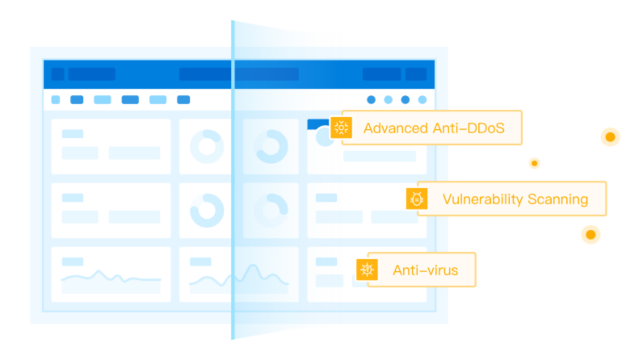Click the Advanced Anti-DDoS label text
click(434, 128)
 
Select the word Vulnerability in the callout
click(483, 199)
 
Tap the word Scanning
click(557, 199)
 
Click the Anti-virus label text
click(425, 270)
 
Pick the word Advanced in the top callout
click(396, 128)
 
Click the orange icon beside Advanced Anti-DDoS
click(341, 128)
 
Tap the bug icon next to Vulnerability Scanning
click(417, 199)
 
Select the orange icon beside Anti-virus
click(367, 270)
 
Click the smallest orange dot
click(534, 163)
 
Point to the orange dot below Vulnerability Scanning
click(591, 235)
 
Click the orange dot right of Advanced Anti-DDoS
click(610, 136)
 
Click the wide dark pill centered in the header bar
click(238, 74)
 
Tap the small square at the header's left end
click(57, 74)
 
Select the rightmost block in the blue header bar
click(416, 74)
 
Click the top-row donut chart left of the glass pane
click(207, 147)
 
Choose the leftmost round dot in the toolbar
click(371, 100)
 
